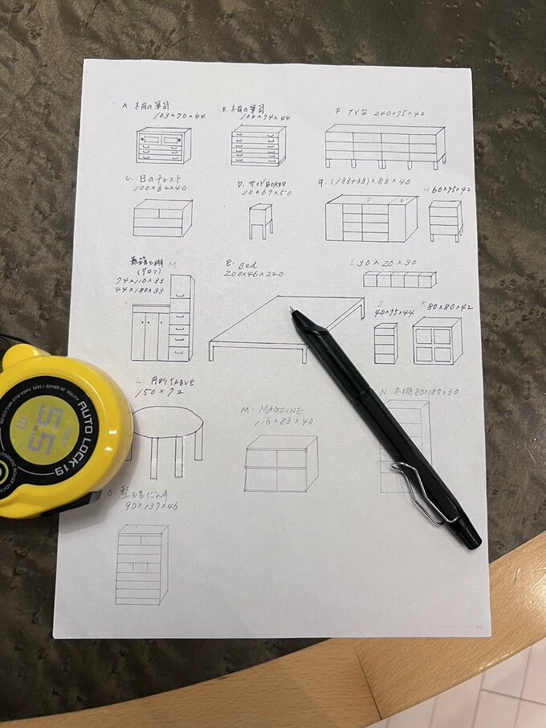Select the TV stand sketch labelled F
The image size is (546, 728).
click(385, 147)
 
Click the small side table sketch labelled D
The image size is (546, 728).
click(260, 220)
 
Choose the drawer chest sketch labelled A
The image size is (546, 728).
click(163, 145)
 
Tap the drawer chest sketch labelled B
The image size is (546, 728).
click(258, 145)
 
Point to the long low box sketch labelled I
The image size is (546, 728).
click(399, 279)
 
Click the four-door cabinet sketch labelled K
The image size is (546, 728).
click(437, 342)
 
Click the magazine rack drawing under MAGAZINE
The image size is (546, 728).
click(280, 464)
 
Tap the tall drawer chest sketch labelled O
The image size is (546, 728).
click(141, 564)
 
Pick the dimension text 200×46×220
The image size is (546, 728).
click(255, 273)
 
